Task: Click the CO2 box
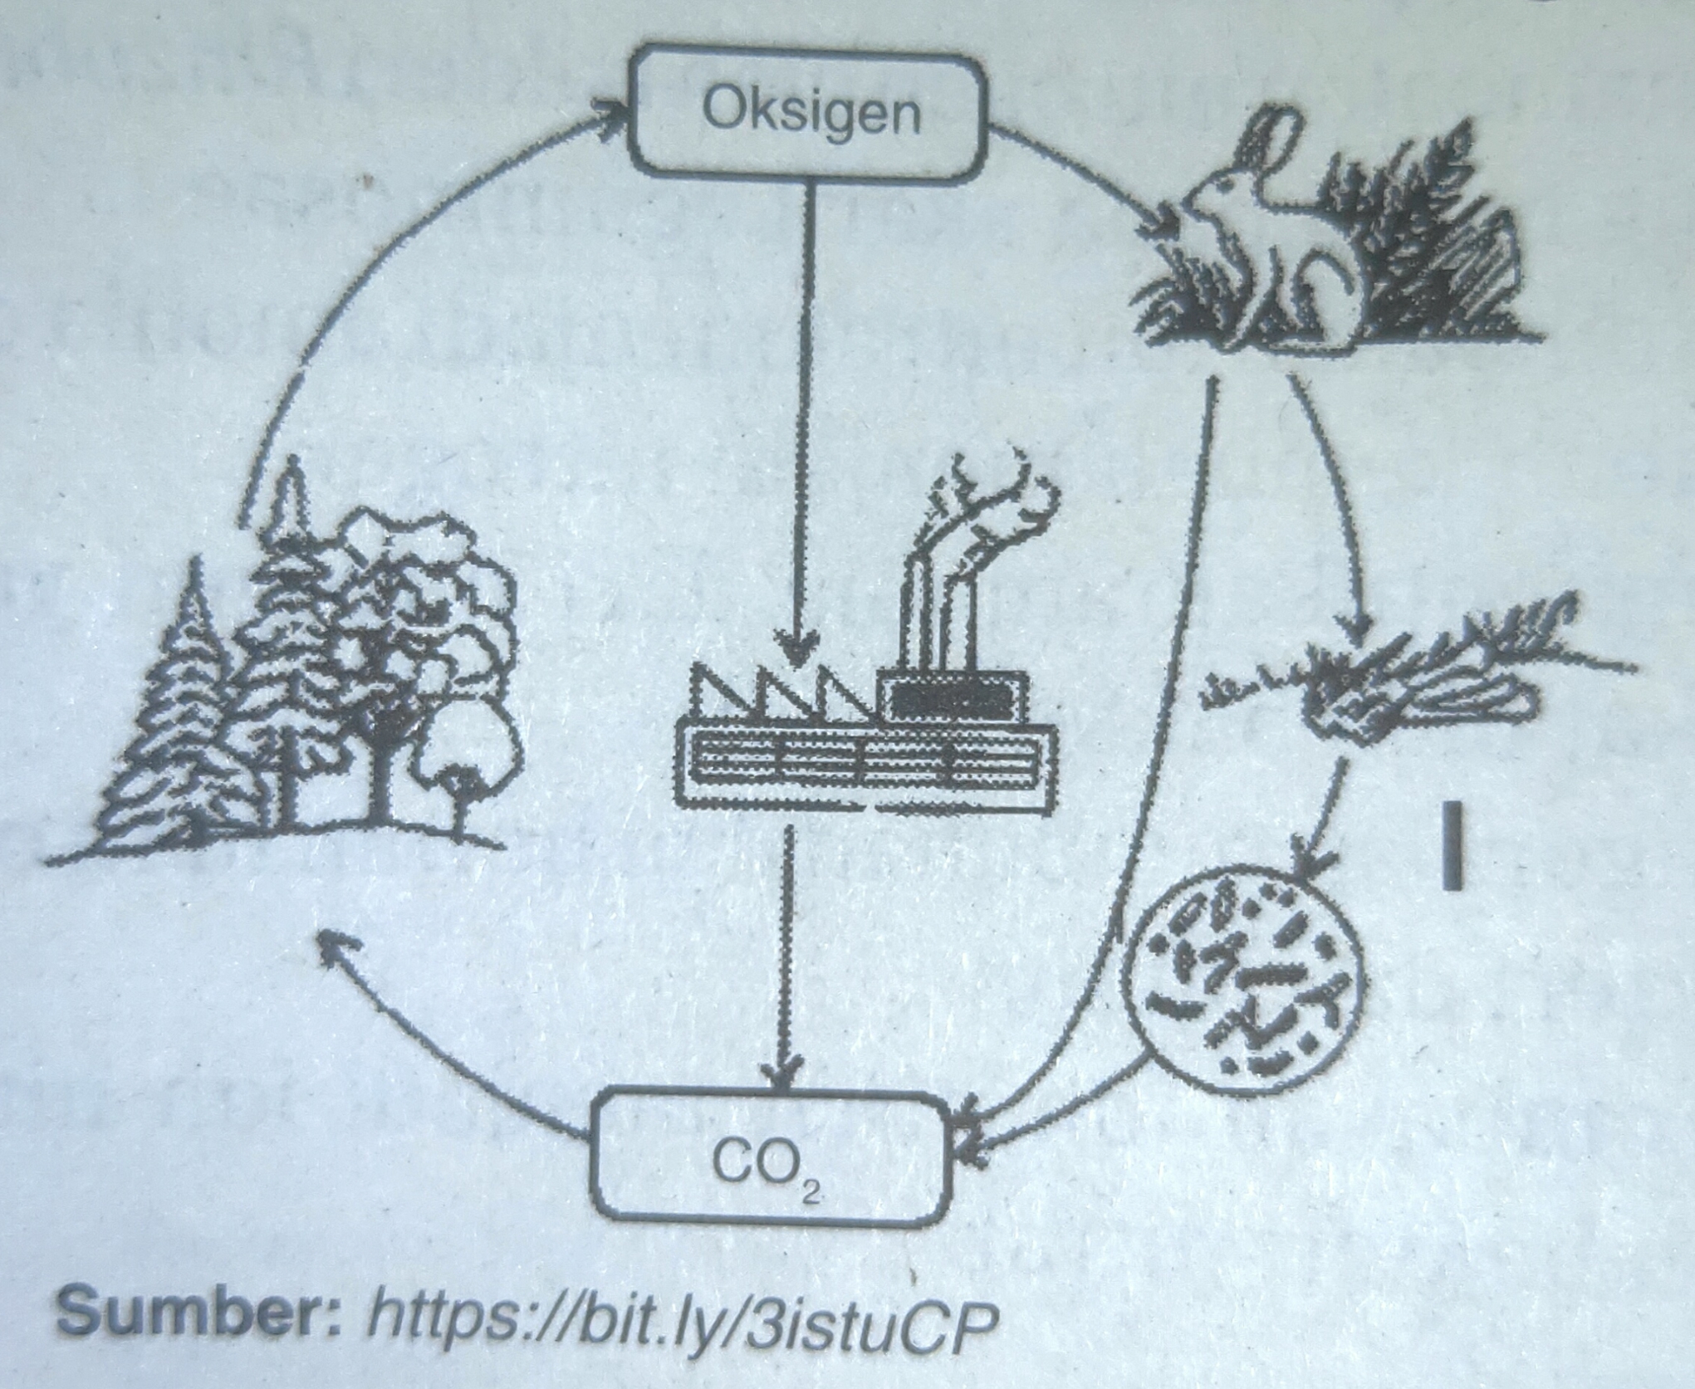click(x=771, y=1157)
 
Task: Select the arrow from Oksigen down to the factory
click(x=803, y=415)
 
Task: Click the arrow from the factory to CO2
click(x=785, y=955)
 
